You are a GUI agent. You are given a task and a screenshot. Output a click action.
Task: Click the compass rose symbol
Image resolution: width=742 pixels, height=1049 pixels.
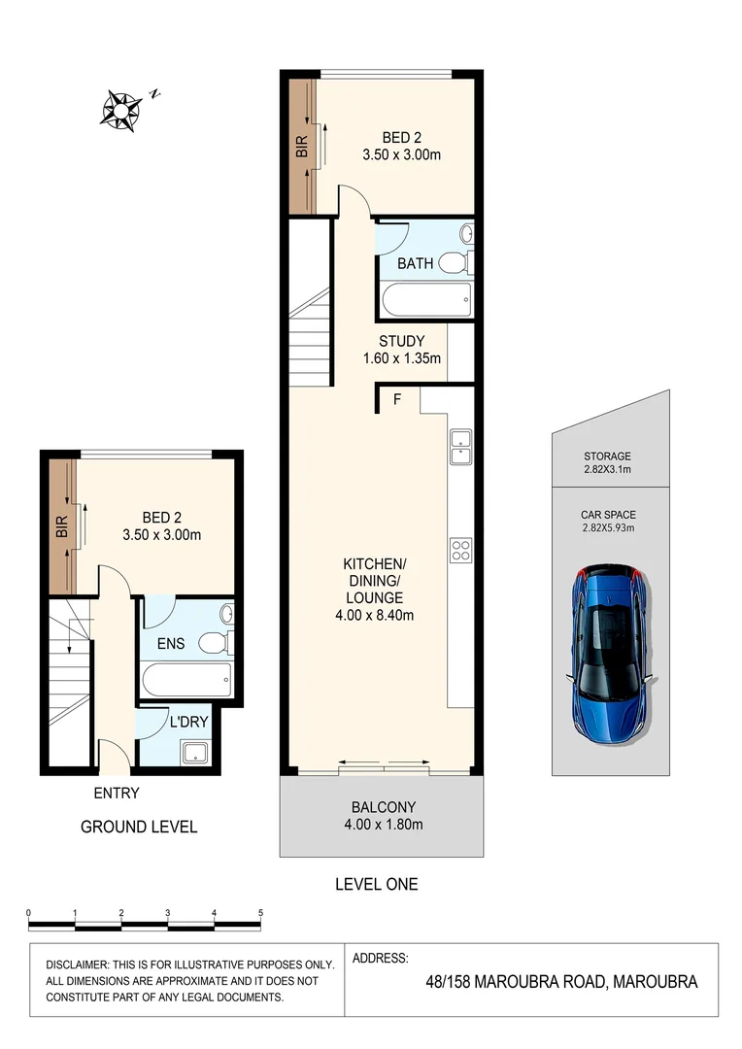point(120,109)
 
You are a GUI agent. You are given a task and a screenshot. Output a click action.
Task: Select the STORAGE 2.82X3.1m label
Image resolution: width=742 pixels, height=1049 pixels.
point(608,462)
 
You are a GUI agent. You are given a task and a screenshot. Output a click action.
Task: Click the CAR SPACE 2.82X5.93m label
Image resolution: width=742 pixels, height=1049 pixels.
point(608,522)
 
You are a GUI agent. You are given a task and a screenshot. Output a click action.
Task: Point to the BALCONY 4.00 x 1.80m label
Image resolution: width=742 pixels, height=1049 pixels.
point(383,816)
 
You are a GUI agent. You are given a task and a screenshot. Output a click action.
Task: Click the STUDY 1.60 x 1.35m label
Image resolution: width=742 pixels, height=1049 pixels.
point(401,350)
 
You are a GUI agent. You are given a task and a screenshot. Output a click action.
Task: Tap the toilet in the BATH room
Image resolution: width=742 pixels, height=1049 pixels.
point(454,262)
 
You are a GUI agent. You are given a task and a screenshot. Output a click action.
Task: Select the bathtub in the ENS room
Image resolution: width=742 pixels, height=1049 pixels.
point(185,679)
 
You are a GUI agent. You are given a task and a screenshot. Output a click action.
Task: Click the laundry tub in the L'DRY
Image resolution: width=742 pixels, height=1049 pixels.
point(194,751)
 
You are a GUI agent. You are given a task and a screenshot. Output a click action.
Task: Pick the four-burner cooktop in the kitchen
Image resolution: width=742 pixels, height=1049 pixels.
point(460,551)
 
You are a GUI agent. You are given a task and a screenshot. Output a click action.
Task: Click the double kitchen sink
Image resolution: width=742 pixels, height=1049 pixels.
point(460,447)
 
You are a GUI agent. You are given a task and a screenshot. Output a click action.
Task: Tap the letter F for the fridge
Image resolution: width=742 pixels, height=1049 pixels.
point(397,399)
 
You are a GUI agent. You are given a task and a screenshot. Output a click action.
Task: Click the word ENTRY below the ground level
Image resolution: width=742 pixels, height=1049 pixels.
point(117,793)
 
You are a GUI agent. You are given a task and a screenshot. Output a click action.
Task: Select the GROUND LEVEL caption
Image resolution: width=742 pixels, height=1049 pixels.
point(139,828)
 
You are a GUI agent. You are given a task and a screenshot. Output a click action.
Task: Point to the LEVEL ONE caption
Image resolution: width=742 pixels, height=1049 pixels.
point(376,884)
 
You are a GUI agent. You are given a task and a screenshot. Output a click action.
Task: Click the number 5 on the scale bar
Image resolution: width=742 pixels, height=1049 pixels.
point(259,913)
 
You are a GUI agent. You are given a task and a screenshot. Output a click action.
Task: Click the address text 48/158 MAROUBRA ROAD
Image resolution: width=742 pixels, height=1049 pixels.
point(515,982)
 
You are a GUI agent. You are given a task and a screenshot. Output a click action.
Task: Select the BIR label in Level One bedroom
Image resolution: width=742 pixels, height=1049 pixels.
point(302,148)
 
